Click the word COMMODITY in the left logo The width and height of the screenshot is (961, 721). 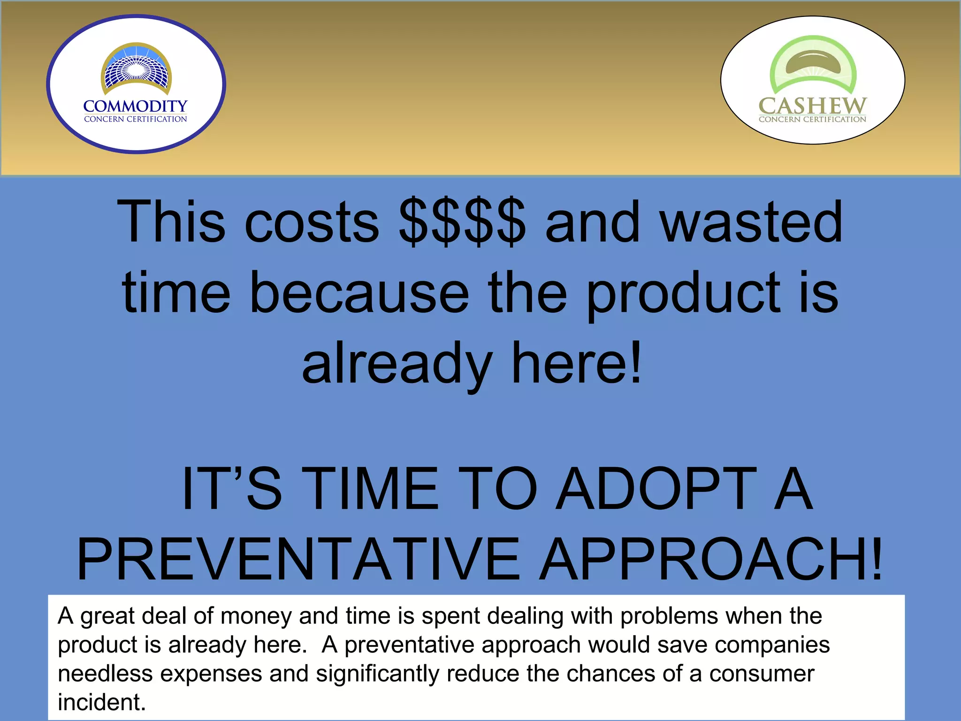(x=135, y=106)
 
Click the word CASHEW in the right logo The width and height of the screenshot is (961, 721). (x=812, y=106)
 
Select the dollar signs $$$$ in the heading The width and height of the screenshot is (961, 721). (x=462, y=222)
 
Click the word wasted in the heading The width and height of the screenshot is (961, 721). (x=751, y=222)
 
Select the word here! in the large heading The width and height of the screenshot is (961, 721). (x=576, y=363)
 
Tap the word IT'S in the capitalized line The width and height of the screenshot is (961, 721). (x=231, y=488)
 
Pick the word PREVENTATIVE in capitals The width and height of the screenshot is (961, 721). (x=298, y=560)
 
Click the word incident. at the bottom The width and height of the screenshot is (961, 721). (x=102, y=702)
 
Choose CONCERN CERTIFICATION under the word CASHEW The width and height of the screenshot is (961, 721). (x=812, y=120)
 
